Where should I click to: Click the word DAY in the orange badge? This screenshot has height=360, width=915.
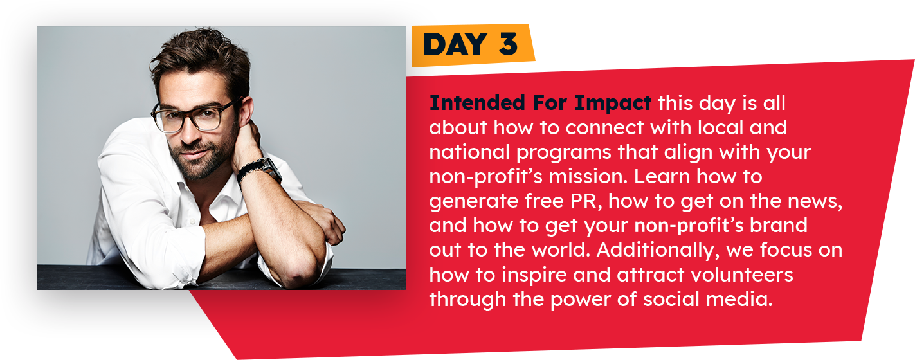click(x=455, y=44)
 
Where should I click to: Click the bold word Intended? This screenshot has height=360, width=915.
click(x=477, y=102)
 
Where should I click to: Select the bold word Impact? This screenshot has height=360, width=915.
click(x=613, y=104)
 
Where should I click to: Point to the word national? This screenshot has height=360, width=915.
click(x=469, y=152)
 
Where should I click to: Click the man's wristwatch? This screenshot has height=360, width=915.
click(x=262, y=170)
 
